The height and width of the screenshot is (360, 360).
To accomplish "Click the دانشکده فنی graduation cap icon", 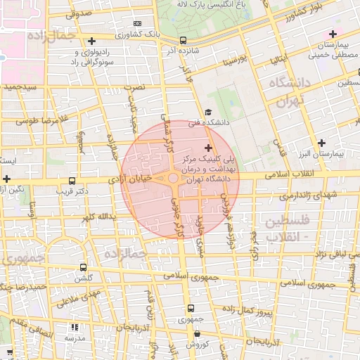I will point(207,112).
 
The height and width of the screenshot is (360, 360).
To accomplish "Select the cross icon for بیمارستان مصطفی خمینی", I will point(333,34).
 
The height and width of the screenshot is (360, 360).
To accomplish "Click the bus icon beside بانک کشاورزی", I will point(184,41).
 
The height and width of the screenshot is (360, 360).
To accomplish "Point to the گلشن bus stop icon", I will point(84,268).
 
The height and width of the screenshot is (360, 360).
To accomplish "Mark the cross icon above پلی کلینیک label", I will point(207,147).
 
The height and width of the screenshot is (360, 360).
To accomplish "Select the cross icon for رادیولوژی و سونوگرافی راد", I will point(93,42).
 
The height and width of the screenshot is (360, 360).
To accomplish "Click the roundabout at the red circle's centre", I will point(174,179).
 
